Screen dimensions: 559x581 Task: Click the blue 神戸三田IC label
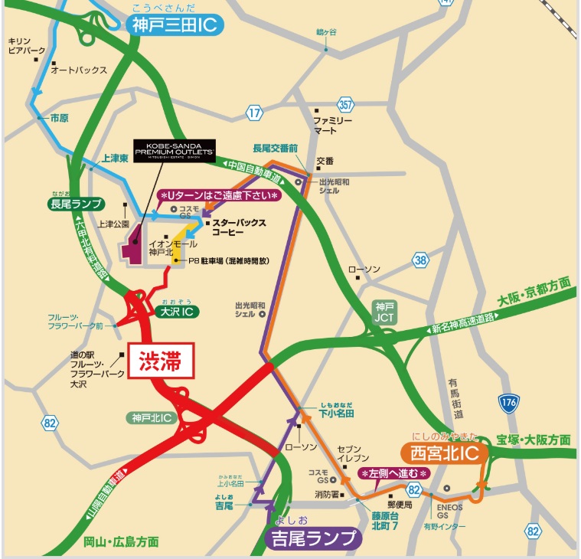tap(175, 25)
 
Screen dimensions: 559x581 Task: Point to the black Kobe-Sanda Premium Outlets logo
tap(173, 149)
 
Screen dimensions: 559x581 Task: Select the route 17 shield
tap(255, 113)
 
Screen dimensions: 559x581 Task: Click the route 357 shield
tap(346, 103)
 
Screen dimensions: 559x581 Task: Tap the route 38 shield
tap(420, 259)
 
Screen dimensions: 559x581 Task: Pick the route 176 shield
tap(508, 403)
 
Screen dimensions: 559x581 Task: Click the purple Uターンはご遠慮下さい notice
tap(219, 195)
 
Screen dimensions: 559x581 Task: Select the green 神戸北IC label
tap(151, 417)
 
